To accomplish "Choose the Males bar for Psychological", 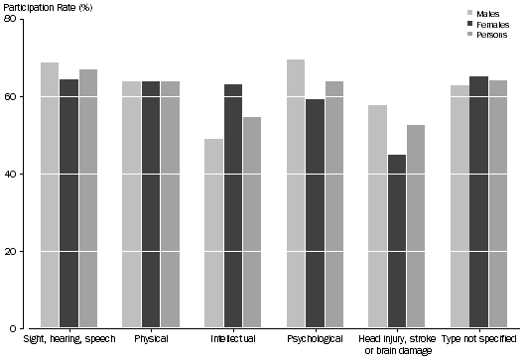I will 296,193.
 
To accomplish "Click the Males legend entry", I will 487,13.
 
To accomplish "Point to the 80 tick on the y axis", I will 20,20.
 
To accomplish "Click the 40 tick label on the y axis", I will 20,175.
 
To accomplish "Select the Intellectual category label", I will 233,339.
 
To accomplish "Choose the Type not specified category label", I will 478,339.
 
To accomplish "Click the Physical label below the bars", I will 151,339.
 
